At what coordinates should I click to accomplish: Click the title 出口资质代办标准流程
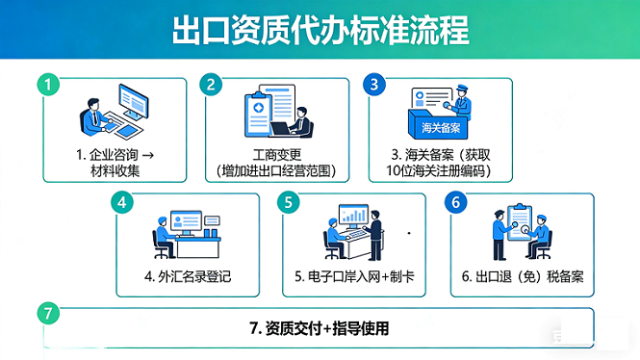[320, 30]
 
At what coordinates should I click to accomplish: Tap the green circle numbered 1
[48, 85]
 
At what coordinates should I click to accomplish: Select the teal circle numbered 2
[211, 85]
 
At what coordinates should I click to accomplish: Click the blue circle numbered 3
[374, 85]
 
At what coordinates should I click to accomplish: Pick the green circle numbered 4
[122, 202]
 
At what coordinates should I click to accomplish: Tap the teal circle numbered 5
[289, 202]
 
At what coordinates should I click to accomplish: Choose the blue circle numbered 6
[456, 202]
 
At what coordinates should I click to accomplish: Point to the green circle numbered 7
[48, 313]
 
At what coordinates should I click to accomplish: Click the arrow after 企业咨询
[148, 155]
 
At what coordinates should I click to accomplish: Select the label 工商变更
[277, 155]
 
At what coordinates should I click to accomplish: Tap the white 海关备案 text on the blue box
[441, 128]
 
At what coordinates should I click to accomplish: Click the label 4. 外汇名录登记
[188, 276]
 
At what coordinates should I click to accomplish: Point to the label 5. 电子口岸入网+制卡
[354, 276]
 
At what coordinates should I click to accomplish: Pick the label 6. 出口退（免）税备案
[523, 276]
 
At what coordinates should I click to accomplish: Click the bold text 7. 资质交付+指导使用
[320, 328]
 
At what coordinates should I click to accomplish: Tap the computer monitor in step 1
[134, 101]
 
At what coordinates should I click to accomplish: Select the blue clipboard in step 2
[258, 115]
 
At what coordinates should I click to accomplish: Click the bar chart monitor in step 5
[353, 216]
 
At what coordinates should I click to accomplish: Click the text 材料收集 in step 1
[115, 170]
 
